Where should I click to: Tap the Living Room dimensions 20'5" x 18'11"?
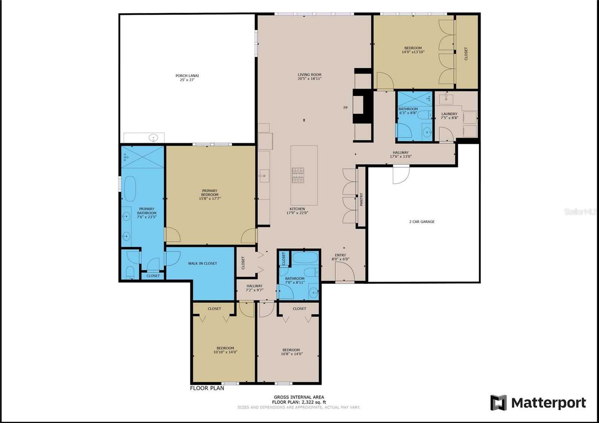[x=309, y=79]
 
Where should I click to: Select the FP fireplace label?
[x=346, y=108]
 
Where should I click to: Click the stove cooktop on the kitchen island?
[x=298, y=175]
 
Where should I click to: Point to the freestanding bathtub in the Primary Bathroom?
[x=130, y=189]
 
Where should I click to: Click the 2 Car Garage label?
[x=422, y=222]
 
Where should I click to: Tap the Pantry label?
[x=361, y=200]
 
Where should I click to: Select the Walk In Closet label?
[x=203, y=264]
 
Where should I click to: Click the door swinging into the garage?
[x=401, y=174]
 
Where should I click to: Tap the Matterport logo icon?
[x=498, y=402]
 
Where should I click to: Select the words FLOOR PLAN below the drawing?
[x=207, y=388]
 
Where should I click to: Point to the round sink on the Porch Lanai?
[x=153, y=138]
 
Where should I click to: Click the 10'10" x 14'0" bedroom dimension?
[x=225, y=352]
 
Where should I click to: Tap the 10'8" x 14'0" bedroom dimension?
[x=291, y=354]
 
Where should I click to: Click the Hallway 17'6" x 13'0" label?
[x=401, y=155]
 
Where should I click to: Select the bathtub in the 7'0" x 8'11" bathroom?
[x=305, y=258]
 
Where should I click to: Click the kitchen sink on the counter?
[x=264, y=176]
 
